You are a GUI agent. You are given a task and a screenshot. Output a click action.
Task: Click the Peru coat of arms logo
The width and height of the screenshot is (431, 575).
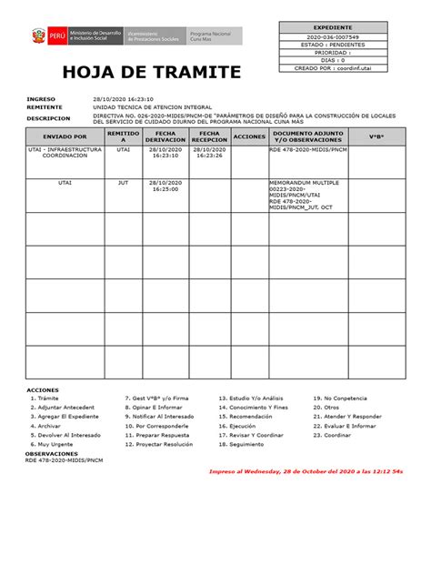[37, 36]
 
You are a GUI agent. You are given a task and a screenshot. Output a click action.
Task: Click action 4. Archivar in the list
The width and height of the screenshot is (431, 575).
[48, 425]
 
